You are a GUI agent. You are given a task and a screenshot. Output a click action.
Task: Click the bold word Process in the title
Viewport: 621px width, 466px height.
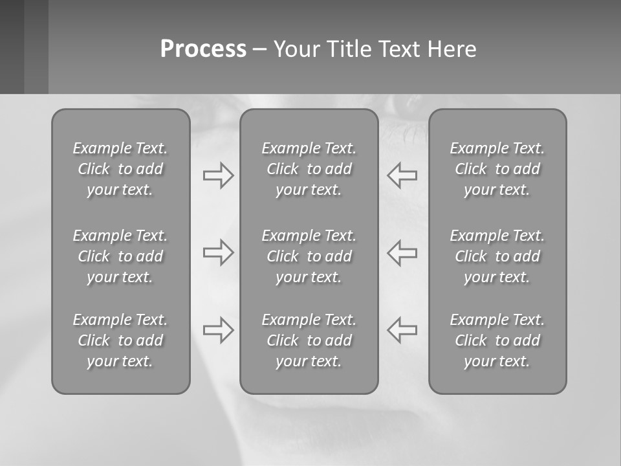[x=203, y=49]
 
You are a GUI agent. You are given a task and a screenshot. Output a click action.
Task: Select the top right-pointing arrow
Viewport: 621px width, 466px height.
[x=218, y=175]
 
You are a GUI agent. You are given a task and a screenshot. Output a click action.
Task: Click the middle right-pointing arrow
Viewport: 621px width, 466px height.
[x=218, y=252]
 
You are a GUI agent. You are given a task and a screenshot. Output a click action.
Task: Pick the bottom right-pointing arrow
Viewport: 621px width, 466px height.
[x=218, y=330]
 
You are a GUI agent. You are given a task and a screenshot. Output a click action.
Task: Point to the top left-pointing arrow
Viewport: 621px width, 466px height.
[x=402, y=175]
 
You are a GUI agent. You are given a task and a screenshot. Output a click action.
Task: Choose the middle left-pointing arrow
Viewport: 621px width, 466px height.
[x=402, y=252]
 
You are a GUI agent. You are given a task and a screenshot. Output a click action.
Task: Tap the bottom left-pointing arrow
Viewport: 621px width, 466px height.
[x=402, y=330]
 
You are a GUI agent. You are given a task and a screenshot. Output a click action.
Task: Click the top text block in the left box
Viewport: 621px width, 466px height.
[x=120, y=169]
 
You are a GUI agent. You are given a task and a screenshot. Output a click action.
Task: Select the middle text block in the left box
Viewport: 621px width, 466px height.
[x=120, y=256]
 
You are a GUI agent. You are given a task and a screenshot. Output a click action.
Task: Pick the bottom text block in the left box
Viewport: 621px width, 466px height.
[x=120, y=340]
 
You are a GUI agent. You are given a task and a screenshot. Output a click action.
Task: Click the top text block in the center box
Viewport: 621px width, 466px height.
[x=309, y=169]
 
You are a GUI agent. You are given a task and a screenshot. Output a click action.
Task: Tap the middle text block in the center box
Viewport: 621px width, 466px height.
[x=309, y=256]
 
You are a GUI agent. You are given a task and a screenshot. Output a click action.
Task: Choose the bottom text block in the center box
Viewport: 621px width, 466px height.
[x=309, y=340]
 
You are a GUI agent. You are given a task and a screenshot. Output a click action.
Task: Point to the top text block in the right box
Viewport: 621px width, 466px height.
[x=497, y=169]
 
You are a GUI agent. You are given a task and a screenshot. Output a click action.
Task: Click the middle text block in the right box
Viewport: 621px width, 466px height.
[x=497, y=256]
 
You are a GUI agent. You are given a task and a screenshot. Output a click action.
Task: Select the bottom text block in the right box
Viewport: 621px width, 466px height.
[x=497, y=340]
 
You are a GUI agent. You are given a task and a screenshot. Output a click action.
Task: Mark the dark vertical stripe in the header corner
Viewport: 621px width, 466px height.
[x=12, y=47]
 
